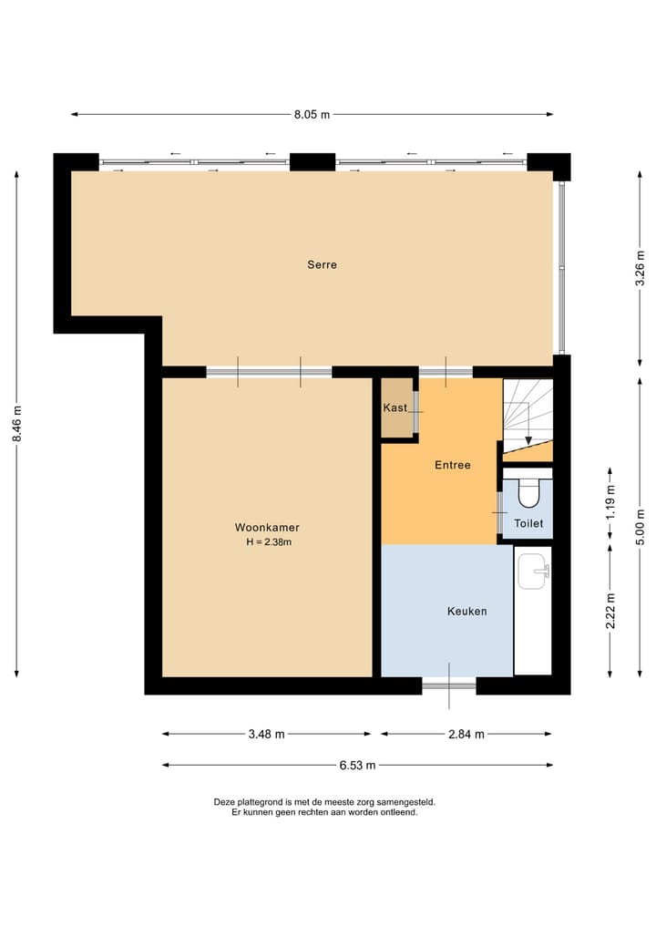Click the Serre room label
pos(322,265)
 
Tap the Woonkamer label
pos(267,528)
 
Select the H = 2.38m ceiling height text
pos(268,542)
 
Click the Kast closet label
pos(395,407)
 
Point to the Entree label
pos(452,465)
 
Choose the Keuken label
pos(466,611)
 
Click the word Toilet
pos(528,523)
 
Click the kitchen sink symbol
pos(533,572)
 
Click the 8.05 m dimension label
pos(312,114)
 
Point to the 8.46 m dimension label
pos(16,425)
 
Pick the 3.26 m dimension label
pos(641,269)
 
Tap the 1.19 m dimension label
pos(610,500)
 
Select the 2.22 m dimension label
pos(610,610)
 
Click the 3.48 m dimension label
pos(267,734)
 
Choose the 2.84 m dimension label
pos(466,734)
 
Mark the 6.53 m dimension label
pos(357,766)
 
